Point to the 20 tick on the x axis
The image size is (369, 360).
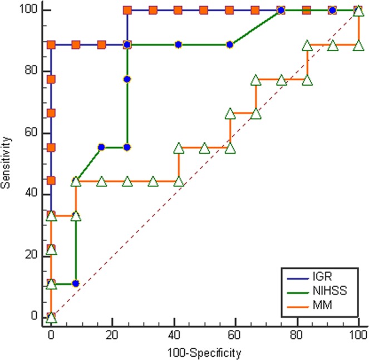112,336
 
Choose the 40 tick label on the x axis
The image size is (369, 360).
174,336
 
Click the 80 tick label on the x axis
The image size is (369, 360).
297,336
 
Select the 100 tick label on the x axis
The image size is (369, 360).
358,336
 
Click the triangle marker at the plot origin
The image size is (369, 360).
51,318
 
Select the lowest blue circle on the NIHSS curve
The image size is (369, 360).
76,283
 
